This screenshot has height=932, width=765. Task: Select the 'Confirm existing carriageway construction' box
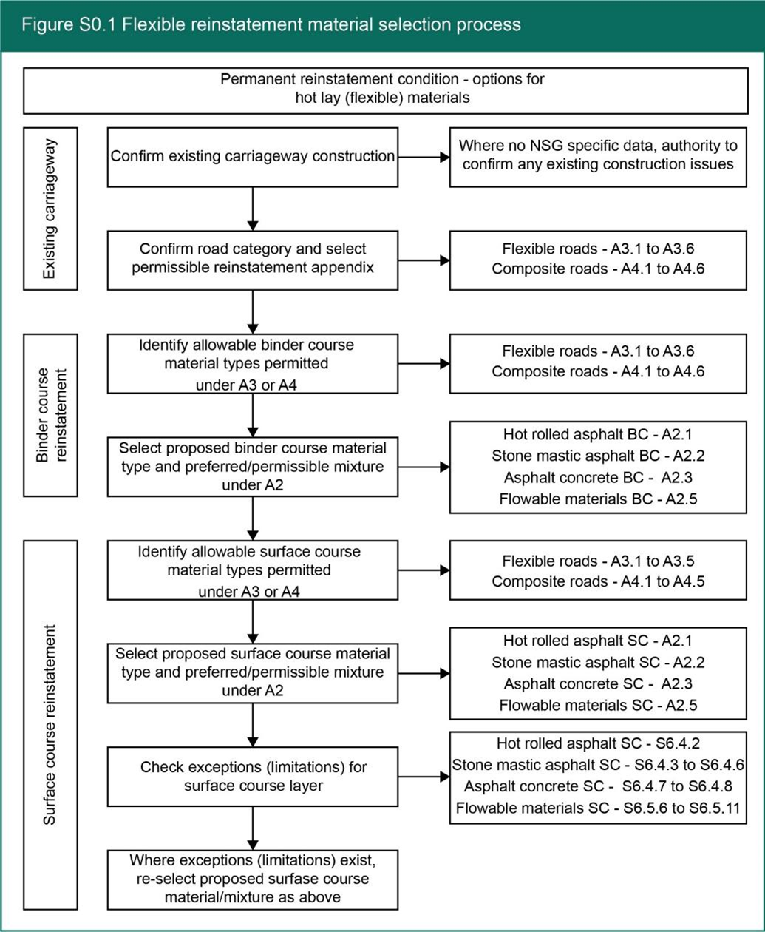point(253,157)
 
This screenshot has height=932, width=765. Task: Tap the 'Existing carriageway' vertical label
point(50,209)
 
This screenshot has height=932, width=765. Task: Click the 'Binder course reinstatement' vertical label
point(50,414)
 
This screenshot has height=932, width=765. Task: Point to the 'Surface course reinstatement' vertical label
point(50,725)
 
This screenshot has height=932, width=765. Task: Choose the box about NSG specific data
point(598,157)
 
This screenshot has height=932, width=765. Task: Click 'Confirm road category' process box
point(253,260)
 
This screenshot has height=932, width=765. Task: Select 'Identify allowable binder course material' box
point(253,363)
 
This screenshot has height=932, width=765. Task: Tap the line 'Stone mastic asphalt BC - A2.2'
point(598,456)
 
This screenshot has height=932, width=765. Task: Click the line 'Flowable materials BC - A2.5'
point(598,499)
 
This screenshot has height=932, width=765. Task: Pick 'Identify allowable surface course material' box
point(253,570)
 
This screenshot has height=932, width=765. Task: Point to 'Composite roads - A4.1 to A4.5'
point(598,581)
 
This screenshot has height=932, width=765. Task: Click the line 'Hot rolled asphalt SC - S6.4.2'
point(598,743)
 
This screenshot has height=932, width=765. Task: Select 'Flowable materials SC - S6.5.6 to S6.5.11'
point(598,808)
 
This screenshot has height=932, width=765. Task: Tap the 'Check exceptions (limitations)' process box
point(253,776)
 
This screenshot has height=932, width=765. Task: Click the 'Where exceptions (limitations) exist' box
point(253,879)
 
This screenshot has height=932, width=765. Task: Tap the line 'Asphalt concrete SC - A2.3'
point(598,683)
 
